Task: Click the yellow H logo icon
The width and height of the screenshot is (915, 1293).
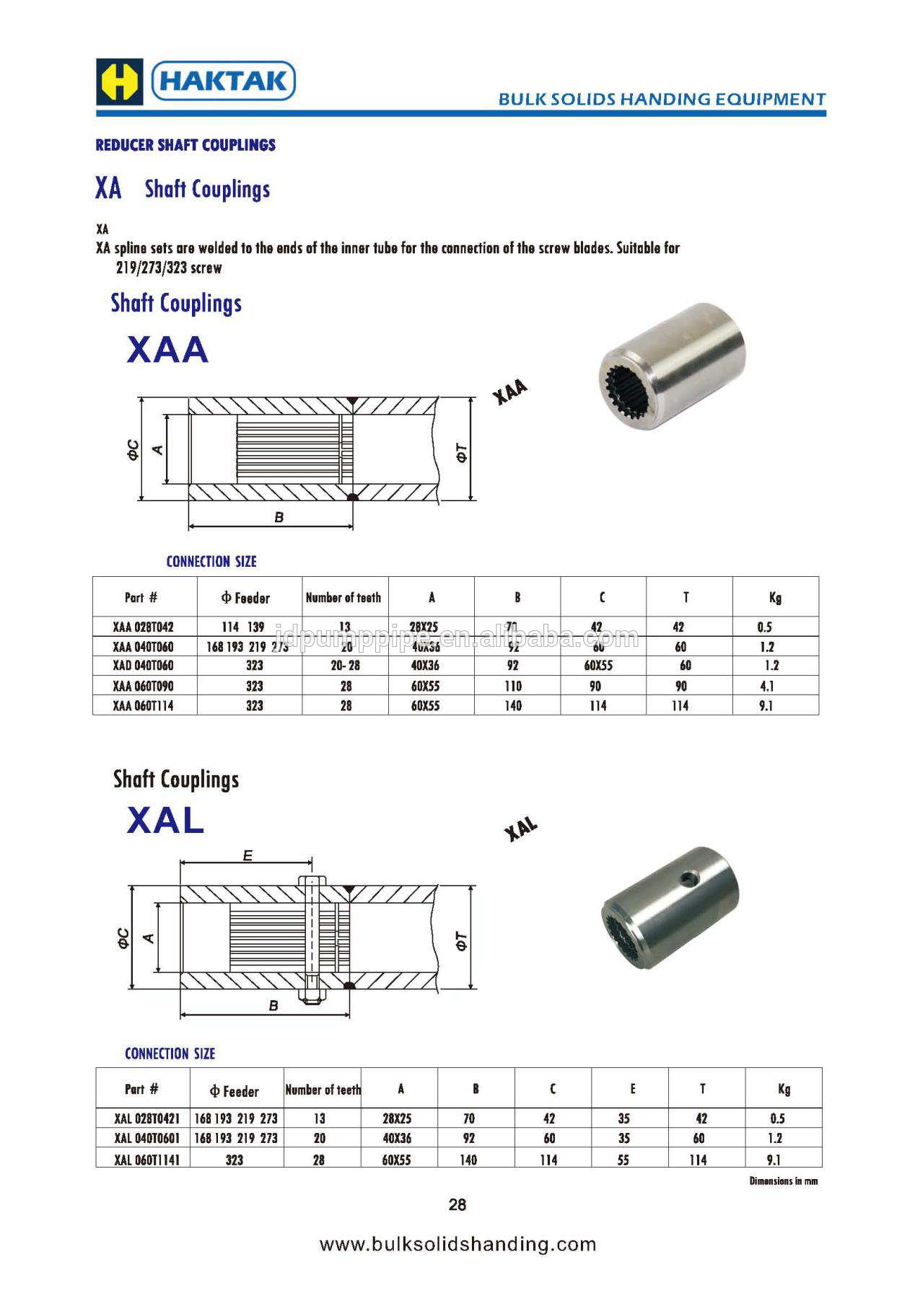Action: click(x=119, y=81)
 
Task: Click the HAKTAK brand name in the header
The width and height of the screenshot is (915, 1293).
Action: click(x=224, y=80)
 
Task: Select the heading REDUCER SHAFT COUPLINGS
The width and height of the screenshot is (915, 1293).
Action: click(x=185, y=145)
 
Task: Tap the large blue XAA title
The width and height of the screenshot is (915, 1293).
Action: click(x=167, y=350)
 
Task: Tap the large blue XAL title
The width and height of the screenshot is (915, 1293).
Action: click(x=165, y=820)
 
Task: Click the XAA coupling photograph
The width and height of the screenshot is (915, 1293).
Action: click(x=670, y=365)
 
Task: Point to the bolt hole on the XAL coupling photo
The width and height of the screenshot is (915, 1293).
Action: click(x=691, y=878)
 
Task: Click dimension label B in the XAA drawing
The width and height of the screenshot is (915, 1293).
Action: click(x=279, y=517)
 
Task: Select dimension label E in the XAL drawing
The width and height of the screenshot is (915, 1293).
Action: click(x=248, y=856)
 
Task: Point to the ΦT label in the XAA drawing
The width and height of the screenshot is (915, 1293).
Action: click(x=461, y=453)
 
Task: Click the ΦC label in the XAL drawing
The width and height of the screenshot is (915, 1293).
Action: click(x=123, y=937)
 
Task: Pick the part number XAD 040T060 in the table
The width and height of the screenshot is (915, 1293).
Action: click(x=143, y=666)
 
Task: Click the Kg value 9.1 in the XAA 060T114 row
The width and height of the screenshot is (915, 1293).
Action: click(x=766, y=706)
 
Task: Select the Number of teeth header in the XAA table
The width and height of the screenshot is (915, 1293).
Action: click(x=343, y=598)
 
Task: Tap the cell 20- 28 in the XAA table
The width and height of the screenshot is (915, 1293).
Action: click(x=345, y=666)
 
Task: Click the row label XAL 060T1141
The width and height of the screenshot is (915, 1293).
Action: click(x=146, y=1160)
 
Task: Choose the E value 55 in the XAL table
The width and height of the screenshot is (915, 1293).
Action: click(x=623, y=1160)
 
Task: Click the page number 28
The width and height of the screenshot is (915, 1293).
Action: click(x=457, y=1204)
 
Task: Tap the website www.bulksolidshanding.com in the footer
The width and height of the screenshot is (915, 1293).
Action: click(x=457, y=1244)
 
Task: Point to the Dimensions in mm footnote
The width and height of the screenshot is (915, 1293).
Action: click(x=783, y=1181)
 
